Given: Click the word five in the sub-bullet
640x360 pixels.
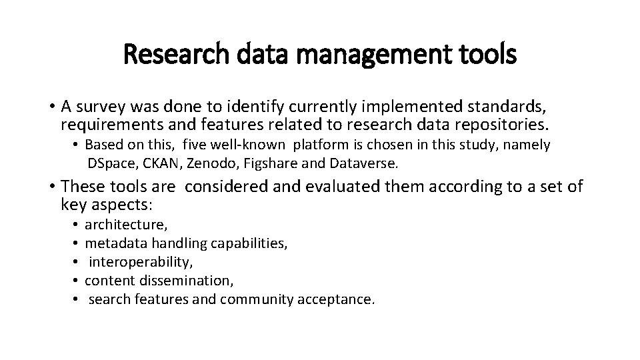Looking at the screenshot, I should point(195,145).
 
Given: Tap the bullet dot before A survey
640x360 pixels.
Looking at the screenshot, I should point(51,107).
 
